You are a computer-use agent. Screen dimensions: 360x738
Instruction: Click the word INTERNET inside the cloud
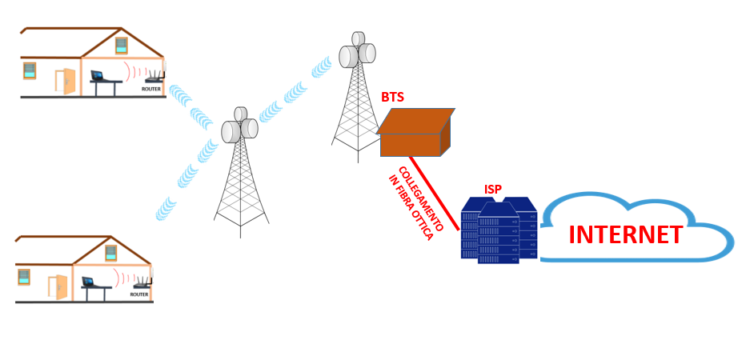(625, 235)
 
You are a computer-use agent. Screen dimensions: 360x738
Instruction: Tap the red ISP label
(493, 190)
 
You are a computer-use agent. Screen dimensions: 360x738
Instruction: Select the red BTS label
(392, 98)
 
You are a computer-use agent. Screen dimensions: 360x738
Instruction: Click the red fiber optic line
(435, 193)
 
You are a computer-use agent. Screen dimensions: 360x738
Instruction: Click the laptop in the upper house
(98, 76)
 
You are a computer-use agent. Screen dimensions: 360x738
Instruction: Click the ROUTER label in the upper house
(151, 90)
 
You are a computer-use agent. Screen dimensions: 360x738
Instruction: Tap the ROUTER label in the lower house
(139, 294)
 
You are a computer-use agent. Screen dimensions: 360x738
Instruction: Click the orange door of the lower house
(58, 286)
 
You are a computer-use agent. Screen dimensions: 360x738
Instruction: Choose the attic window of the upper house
(121, 45)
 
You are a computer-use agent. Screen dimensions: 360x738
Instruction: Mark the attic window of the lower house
(111, 252)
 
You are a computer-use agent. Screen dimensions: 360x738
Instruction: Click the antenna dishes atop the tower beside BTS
(357, 53)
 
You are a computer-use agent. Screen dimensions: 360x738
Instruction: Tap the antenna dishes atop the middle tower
(239, 128)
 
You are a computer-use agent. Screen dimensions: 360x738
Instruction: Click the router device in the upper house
(154, 78)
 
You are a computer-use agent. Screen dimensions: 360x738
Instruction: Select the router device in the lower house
(142, 283)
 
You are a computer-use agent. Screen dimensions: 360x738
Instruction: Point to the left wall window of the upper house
(30, 70)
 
